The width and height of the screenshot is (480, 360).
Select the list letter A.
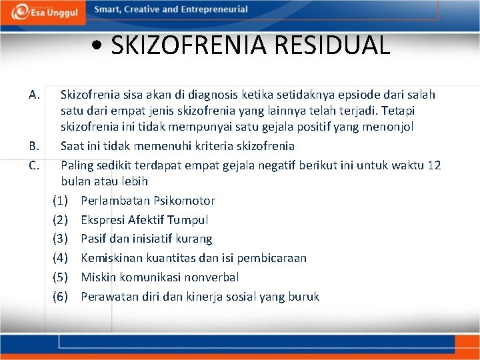click(35, 95)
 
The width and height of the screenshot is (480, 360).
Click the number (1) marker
click(60, 201)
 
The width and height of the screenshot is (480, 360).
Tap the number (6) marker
click(60, 297)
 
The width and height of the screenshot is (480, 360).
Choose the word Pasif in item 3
click(95, 239)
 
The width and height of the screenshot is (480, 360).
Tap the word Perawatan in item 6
click(107, 297)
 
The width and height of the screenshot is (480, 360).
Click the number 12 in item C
click(434, 164)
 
